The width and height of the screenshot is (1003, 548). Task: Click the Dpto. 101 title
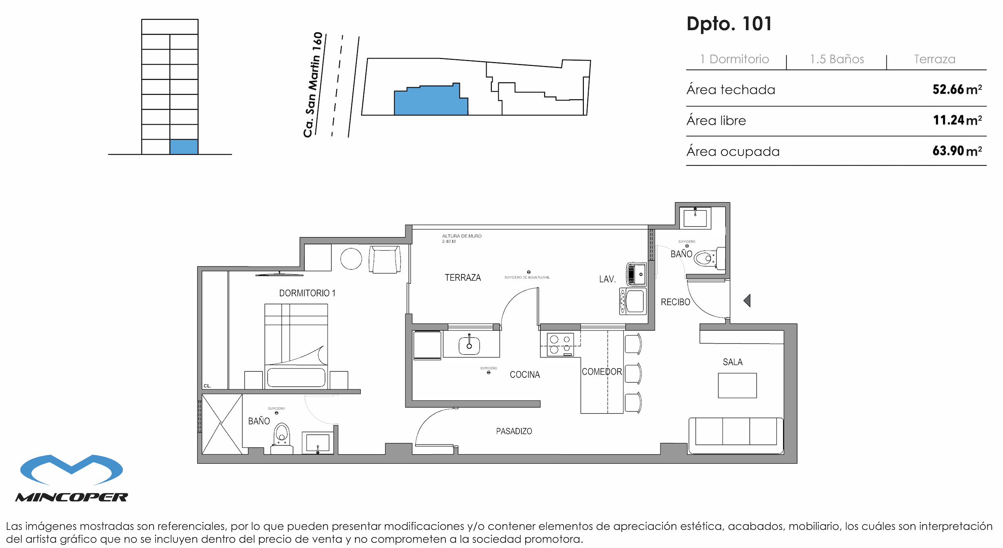pyautogui.click(x=729, y=24)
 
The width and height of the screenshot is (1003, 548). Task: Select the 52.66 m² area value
pyautogui.click(x=957, y=90)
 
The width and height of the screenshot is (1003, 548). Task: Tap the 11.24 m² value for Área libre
pyautogui.click(x=957, y=120)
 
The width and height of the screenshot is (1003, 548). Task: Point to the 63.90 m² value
pyautogui.click(x=957, y=151)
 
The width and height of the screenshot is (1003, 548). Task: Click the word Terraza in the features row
pyautogui.click(x=934, y=59)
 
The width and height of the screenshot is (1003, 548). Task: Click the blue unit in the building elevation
pyautogui.click(x=184, y=147)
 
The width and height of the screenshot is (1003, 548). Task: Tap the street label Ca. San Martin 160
pyautogui.click(x=313, y=85)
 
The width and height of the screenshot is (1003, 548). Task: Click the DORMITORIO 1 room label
pyautogui.click(x=307, y=293)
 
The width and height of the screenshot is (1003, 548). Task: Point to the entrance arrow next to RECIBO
pyautogui.click(x=747, y=301)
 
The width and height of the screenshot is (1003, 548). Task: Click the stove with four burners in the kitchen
pyautogui.click(x=560, y=344)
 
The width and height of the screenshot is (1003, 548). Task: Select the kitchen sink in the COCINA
pyautogui.click(x=469, y=346)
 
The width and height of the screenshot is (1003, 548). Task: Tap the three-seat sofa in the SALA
pyautogui.click(x=736, y=435)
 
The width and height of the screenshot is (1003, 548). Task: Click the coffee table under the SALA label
pyautogui.click(x=737, y=385)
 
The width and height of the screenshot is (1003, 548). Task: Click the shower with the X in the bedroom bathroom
pyautogui.click(x=221, y=424)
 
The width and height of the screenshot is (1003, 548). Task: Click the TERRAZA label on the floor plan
pyautogui.click(x=463, y=278)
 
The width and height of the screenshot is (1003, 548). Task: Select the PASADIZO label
pyautogui.click(x=514, y=431)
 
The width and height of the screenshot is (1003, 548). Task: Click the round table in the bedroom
pyautogui.click(x=351, y=259)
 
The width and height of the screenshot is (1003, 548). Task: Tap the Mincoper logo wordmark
pyautogui.click(x=72, y=497)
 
